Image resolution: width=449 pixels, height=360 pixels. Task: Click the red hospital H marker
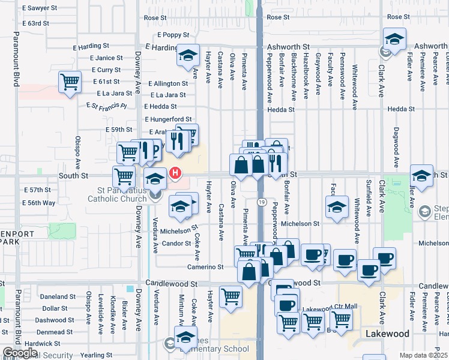[x=175, y=174]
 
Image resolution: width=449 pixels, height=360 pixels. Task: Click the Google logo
[x=20, y=353]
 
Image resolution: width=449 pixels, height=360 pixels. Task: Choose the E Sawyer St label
[x=39, y=8]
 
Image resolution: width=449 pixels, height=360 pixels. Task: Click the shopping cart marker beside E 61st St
[x=70, y=82]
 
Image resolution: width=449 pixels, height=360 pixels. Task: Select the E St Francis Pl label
[x=107, y=106]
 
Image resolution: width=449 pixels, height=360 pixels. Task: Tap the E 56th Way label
[x=40, y=203]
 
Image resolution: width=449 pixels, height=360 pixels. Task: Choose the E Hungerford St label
[x=167, y=119]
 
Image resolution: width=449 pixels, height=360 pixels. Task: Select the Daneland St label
[x=57, y=296]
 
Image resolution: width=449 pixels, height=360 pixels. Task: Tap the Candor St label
[x=176, y=244]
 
